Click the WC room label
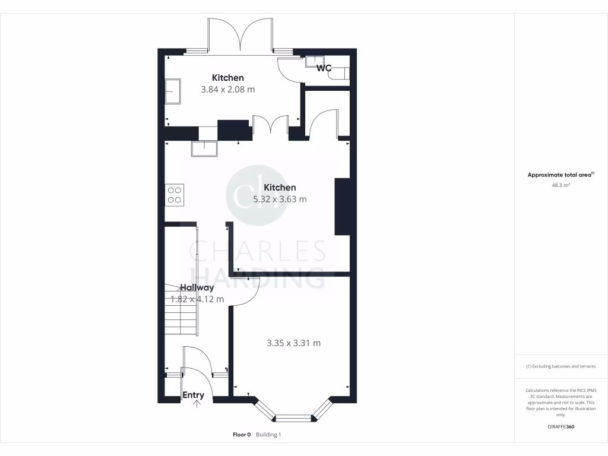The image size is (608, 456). click(x=324, y=68)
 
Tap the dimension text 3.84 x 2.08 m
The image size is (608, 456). click(x=228, y=90)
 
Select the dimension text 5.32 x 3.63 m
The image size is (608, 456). click(x=280, y=199)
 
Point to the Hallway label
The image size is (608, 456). click(x=197, y=287)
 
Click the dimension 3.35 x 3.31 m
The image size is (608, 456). click(x=293, y=343)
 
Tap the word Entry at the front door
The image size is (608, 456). click(x=193, y=395)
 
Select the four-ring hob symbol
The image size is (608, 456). click(x=175, y=195)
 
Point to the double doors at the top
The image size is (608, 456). click(x=240, y=36)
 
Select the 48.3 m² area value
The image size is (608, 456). click(x=560, y=185)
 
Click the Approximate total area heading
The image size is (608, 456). click(x=559, y=175)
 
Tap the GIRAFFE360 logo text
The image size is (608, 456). click(x=560, y=427)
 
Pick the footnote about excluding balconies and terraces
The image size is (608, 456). click(x=560, y=366)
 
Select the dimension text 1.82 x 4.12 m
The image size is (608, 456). click(x=197, y=299)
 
